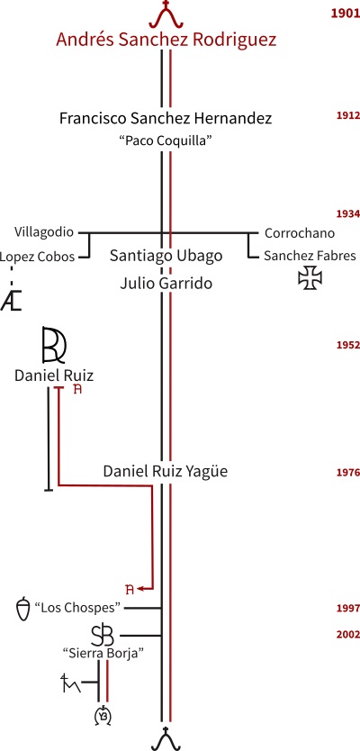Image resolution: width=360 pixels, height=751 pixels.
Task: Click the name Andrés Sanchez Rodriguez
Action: (x=166, y=40)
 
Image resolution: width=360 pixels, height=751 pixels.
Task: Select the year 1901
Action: (x=346, y=13)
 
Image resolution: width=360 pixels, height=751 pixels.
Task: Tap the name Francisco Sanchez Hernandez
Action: (x=166, y=118)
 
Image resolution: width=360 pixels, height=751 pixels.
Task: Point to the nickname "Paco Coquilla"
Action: (x=166, y=140)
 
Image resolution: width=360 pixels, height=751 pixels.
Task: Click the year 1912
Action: (x=348, y=115)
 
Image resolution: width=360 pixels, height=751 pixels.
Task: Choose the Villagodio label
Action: (x=44, y=232)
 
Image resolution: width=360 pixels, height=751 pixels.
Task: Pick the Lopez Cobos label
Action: (x=37, y=258)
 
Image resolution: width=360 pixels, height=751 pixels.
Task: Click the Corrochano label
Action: (x=300, y=233)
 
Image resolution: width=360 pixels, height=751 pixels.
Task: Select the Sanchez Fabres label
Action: (x=310, y=256)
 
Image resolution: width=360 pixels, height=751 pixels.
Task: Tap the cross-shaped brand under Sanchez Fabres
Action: (x=310, y=277)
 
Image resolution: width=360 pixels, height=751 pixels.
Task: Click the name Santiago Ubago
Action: (x=166, y=256)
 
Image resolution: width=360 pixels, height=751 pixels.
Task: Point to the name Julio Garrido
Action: (x=166, y=283)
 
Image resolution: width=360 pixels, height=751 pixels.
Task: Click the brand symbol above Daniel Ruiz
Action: (x=54, y=344)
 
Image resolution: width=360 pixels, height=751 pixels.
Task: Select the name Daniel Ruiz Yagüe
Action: (x=166, y=472)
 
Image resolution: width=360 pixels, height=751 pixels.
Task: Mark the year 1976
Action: (x=348, y=473)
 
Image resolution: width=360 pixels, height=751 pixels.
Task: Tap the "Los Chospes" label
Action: (x=77, y=608)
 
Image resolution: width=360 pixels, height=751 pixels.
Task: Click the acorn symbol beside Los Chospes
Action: (x=23, y=609)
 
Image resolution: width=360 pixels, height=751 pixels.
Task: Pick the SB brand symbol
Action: (x=103, y=636)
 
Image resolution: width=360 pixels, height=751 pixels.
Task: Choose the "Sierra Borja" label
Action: (x=103, y=653)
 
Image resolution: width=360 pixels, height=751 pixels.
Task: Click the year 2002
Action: (x=348, y=634)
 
